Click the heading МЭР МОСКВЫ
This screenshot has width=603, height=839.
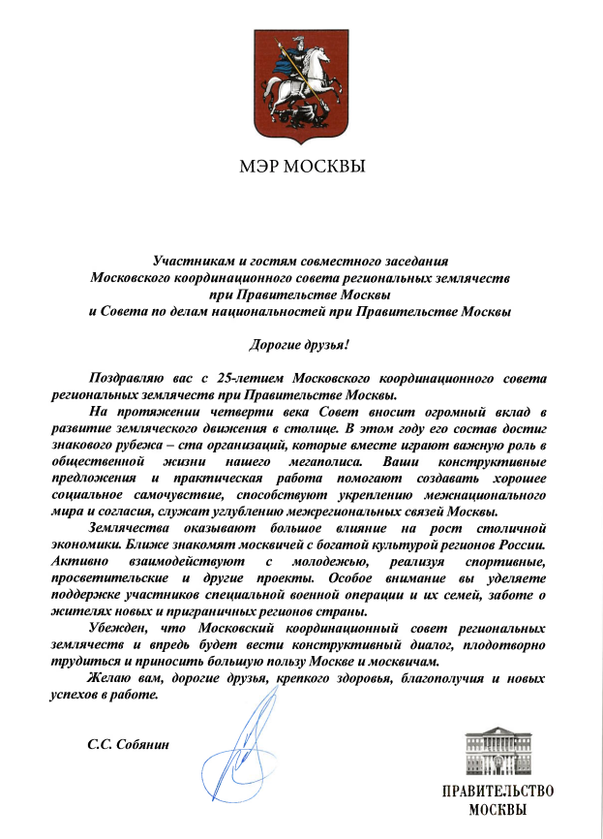pyautogui.click(x=302, y=166)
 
